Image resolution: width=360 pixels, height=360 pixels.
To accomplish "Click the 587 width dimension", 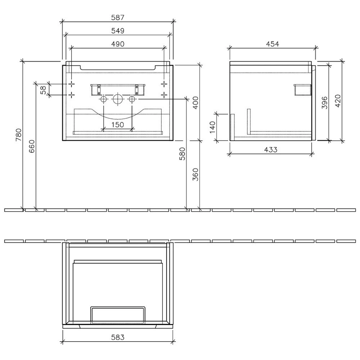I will [118, 17].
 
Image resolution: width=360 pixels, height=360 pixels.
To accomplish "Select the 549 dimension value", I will [117, 31].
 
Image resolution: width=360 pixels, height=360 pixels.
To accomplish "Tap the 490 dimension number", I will [117, 44].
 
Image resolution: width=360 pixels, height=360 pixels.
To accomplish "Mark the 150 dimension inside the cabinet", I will [117, 125].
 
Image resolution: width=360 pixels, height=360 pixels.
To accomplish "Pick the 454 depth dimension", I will [273, 44].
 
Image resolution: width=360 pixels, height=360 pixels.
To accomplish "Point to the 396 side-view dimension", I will [324, 103].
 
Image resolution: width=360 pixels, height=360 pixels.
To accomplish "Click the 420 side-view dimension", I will [337, 101].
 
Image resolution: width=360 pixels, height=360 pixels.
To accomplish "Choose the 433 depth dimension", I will [270, 150].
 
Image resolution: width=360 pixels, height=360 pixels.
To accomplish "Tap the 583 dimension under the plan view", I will [117, 337].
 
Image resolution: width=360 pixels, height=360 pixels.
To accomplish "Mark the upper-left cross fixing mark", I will [72, 84].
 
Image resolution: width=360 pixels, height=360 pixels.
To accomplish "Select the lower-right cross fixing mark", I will [164, 95].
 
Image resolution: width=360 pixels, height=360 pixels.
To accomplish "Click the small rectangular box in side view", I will [302, 90].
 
